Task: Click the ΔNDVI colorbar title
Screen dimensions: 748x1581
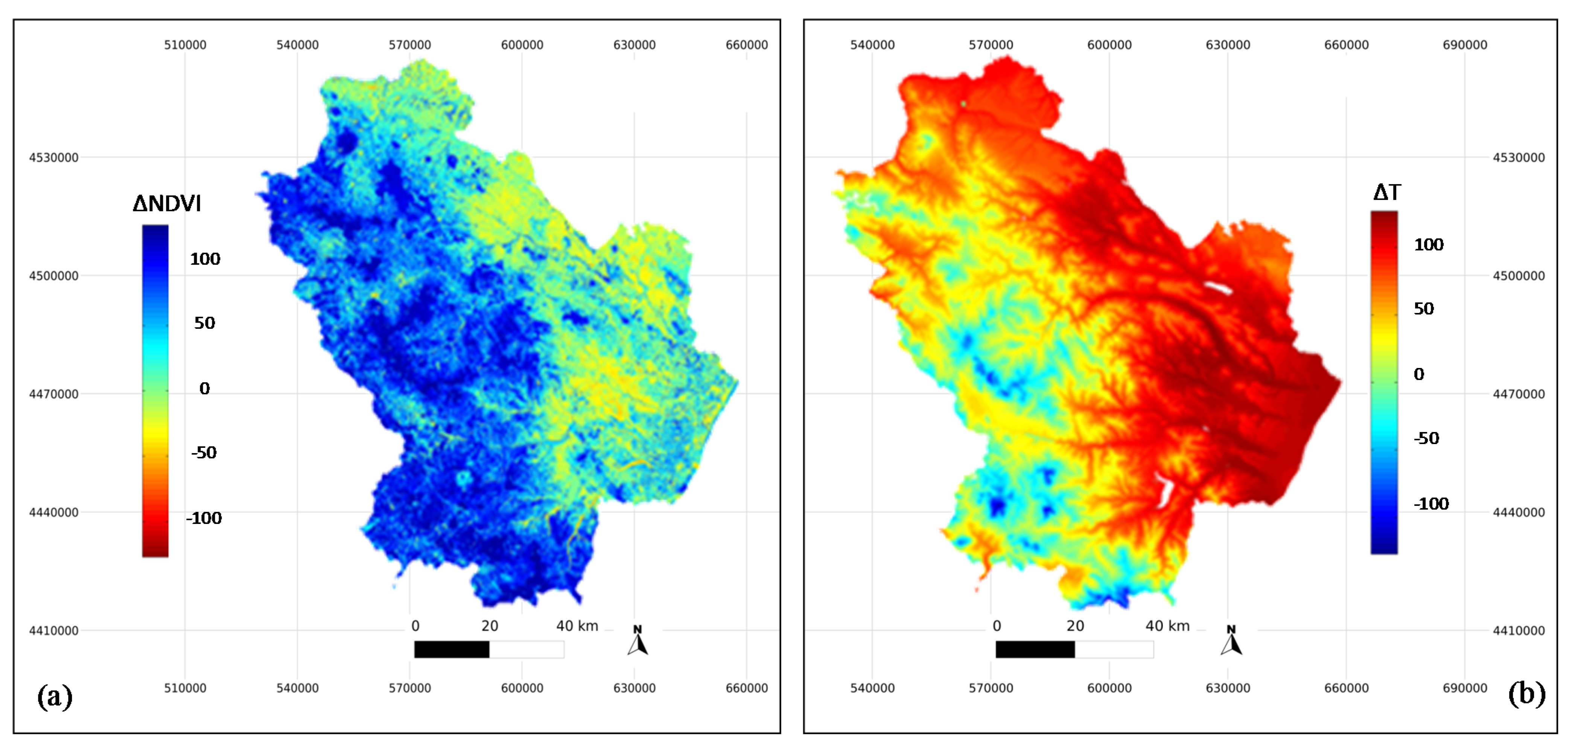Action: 167,203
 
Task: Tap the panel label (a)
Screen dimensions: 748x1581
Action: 55,696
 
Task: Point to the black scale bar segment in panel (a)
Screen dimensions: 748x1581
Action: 452,649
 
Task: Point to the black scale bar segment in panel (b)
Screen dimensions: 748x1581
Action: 1035,649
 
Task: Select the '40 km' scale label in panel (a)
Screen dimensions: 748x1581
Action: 577,626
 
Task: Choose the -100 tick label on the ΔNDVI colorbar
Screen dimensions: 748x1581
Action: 204,518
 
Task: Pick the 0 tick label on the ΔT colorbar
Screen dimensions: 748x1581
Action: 1419,374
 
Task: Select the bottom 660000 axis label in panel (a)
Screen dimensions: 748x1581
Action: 746,688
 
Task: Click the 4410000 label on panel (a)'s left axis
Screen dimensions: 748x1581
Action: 54,631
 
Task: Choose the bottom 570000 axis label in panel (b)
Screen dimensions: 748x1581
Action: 991,688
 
